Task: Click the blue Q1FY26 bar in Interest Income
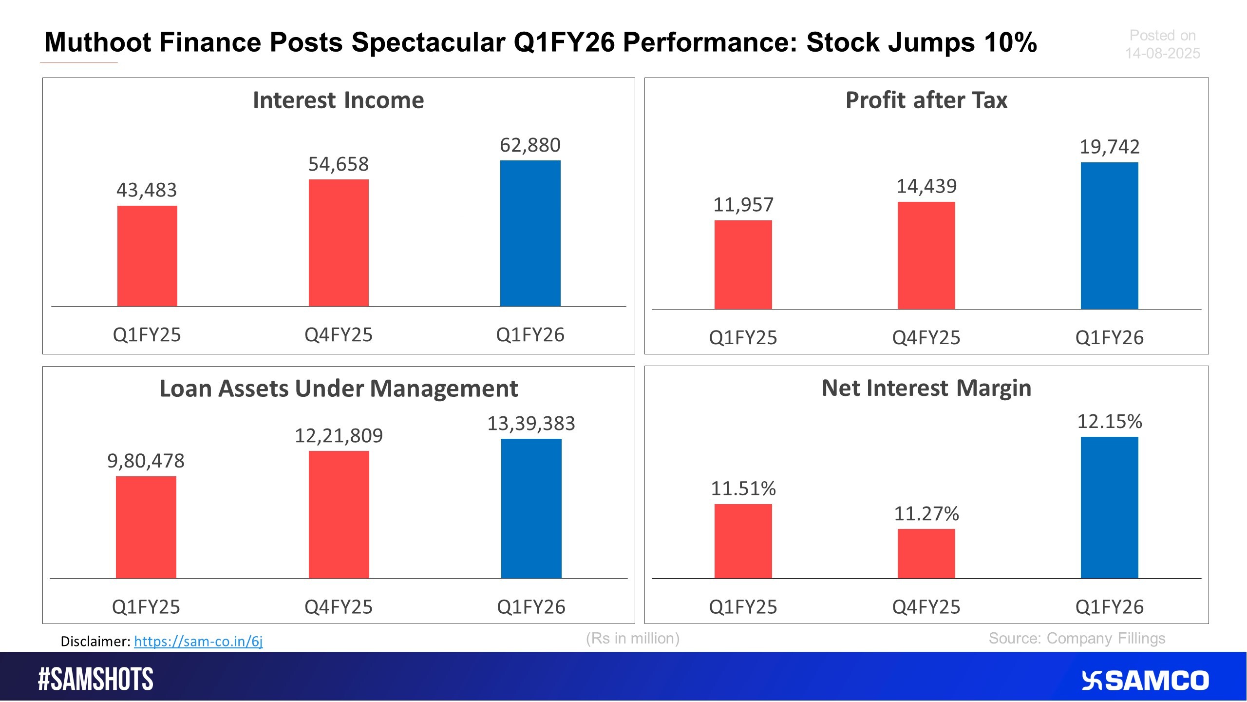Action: pos(530,233)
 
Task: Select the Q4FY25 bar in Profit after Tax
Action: pos(926,255)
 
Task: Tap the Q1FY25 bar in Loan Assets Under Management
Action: pos(146,527)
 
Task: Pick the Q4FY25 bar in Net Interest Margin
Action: pos(926,553)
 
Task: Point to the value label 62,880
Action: pos(530,145)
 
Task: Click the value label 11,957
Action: pos(743,205)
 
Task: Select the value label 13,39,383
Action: pos(531,423)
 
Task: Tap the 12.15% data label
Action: pos(1110,421)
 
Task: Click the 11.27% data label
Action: pos(926,513)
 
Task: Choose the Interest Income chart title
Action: pos(339,100)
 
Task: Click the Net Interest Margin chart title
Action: pos(926,388)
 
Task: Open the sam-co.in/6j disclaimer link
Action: pos(198,641)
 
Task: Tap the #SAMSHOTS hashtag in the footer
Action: pos(95,680)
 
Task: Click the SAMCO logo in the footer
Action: pos(1145,681)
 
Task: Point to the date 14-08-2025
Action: pos(1162,53)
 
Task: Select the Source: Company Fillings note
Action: pos(1077,639)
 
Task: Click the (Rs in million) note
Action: pos(633,639)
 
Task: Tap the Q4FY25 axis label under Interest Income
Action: pos(339,335)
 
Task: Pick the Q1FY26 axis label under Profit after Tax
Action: pos(1110,338)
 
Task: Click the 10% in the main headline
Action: pos(1010,42)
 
